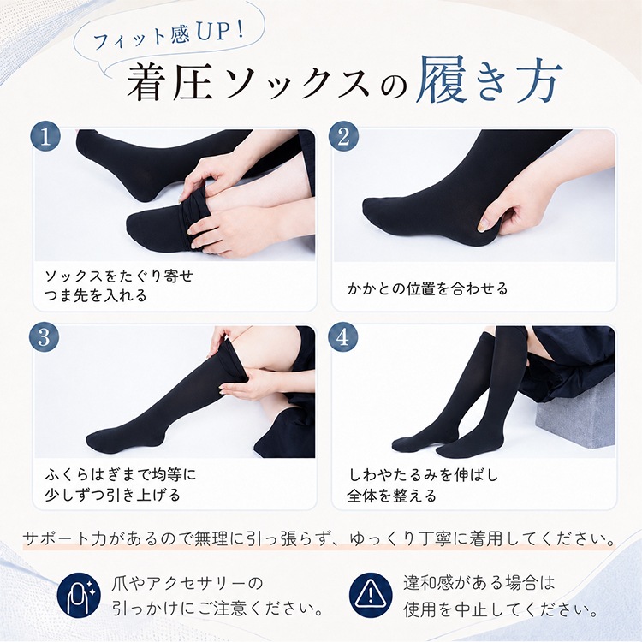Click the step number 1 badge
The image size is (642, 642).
click(x=45, y=136)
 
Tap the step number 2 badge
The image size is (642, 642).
click(x=343, y=136)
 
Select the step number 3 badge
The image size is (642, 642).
click(x=45, y=337)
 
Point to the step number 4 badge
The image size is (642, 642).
click(x=343, y=337)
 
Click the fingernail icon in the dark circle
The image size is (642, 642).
click(x=78, y=595)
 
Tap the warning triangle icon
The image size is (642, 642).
click(x=371, y=595)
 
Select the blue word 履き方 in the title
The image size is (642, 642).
click(x=489, y=80)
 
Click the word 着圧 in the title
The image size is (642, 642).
click(x=169, y=83)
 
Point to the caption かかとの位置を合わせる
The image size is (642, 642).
click(x=428, y=288)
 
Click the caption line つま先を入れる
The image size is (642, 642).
click(x=95, y=294)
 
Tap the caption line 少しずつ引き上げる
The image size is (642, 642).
click(x=113, y=495)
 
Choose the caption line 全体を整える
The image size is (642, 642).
click(x=391, y=496)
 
